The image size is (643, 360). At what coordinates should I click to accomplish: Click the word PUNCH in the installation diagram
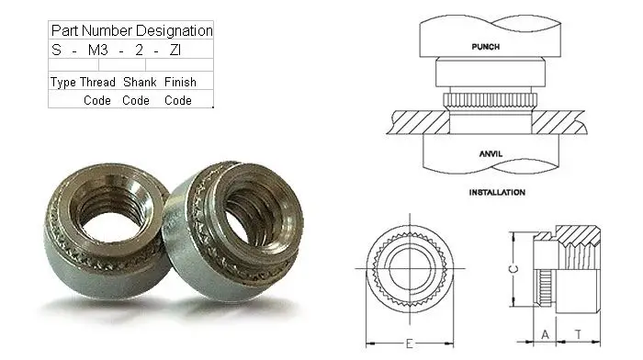tap(486, 47)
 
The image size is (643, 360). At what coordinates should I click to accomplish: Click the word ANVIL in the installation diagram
tap(491, 153)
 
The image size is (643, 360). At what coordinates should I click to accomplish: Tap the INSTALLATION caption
tap(497, 192)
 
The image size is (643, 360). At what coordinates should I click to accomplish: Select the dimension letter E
tap(410, 343)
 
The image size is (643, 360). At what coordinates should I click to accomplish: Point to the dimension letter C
tap(513, 269)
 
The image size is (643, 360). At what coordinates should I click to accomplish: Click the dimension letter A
tap(545, 334)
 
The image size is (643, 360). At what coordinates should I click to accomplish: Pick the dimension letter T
tap(578, 334)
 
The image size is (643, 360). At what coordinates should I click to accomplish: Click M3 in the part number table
tap(98, 50)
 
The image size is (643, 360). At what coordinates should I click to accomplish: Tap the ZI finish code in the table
tap(175, 50)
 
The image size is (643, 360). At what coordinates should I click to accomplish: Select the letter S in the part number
tap(57, 50)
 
